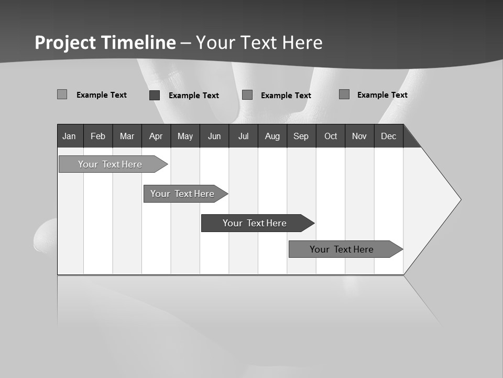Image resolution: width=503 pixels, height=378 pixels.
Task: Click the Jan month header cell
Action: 70,136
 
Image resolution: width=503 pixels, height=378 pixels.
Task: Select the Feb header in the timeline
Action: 98,136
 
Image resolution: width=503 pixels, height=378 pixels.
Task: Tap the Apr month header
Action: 156,136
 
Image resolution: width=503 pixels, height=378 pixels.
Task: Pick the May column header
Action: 185,136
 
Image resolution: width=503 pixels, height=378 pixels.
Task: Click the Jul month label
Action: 243,136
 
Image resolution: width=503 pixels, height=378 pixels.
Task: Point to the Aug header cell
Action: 272,136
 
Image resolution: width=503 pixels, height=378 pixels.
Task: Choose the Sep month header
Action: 301,136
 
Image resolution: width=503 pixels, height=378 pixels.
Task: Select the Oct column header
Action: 330,136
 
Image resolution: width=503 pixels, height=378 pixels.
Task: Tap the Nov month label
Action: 359,136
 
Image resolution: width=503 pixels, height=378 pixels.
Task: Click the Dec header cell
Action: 388,136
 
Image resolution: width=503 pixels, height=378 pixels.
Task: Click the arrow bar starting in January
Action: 111,164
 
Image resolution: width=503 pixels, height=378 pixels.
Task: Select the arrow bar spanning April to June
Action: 183,194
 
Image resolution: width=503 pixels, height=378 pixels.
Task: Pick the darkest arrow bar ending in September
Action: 255,223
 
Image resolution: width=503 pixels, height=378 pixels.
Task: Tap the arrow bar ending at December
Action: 342,249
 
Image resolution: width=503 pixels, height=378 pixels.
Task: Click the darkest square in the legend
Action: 155,95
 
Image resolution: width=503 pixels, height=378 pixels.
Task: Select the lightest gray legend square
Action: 62,94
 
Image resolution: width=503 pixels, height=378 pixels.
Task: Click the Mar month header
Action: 127,136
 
